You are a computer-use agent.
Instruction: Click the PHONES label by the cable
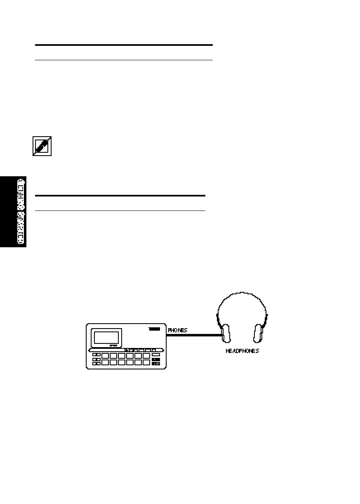[177, 330]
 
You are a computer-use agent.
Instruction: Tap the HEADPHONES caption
[242, 351]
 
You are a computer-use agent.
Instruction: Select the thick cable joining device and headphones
[194, 335]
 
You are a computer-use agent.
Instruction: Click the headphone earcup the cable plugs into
[225, 333]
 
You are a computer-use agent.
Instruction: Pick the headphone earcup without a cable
[259, 333]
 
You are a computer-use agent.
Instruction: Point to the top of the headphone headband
[242, 294]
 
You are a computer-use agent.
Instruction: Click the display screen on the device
[106, 337]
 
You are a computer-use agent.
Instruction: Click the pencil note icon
[42, 147]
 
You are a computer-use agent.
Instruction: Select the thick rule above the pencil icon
[124, 45]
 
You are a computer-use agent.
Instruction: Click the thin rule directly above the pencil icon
[124, 60]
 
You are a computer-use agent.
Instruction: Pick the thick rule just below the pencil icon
[120, 196]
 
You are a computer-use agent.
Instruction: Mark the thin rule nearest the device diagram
[120, 211]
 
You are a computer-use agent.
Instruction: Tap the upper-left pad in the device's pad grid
[105, 355]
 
